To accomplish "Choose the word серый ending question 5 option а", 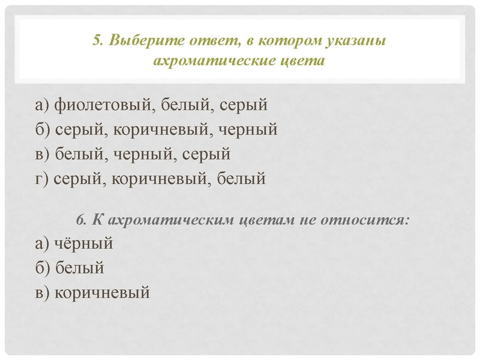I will click(242, 105).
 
